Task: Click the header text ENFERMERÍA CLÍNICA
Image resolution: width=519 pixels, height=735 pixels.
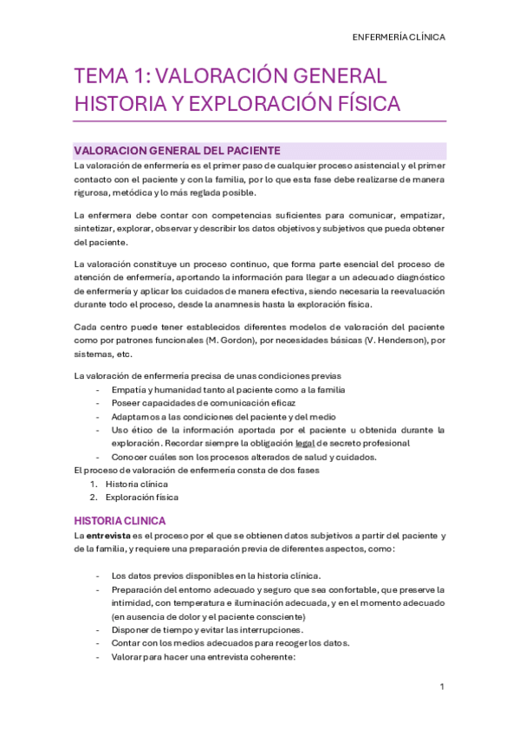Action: pyautogui.click(x=399, y=37)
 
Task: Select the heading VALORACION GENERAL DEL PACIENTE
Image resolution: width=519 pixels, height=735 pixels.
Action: pyautogui.click(x=178, y=150)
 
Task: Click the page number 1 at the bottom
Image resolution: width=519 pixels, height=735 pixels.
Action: pyautogui.click(x=442, y=686)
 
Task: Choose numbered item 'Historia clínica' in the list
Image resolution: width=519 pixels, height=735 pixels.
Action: pyautogui.click(x=136, y=484)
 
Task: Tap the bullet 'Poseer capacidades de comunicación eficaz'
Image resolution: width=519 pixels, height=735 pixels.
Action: pyautogui.click(x=204, y=403)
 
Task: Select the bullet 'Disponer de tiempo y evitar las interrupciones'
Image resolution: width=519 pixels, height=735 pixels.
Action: pyautogui.click(x=207, y=629)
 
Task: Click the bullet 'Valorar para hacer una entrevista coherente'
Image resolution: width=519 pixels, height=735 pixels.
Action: pyautogui.click(x=204, y=657)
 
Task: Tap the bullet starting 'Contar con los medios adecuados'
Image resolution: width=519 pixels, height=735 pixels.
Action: pyautogui.click(x=230, y=643)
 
